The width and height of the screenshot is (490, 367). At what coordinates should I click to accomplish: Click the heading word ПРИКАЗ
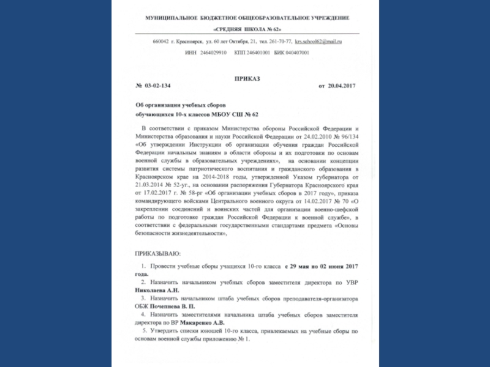point(247,79)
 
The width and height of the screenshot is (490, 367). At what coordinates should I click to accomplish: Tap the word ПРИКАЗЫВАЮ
point(158,253)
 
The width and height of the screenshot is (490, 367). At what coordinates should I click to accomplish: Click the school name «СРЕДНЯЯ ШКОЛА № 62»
point(247,29)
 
